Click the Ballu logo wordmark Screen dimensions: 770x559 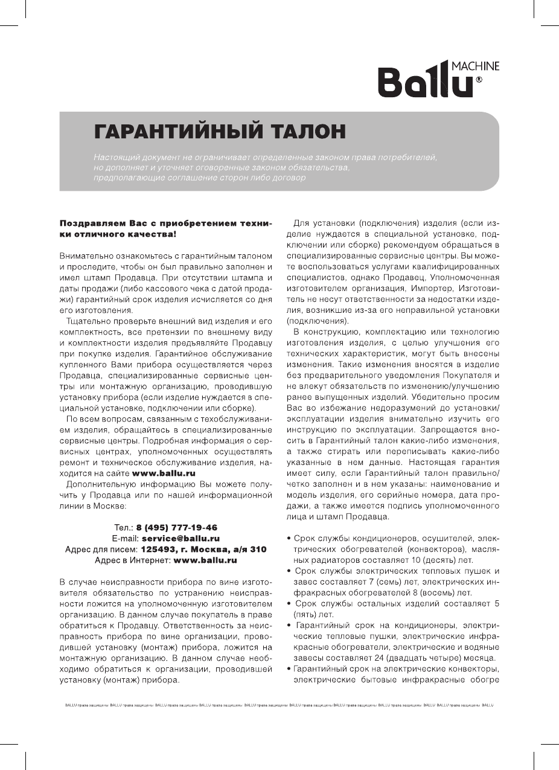click(425, 83)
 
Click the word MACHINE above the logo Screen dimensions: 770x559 click(476, 66)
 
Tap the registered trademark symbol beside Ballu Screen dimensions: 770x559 click(479, 79)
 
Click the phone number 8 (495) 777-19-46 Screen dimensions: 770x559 click(177, 527)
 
